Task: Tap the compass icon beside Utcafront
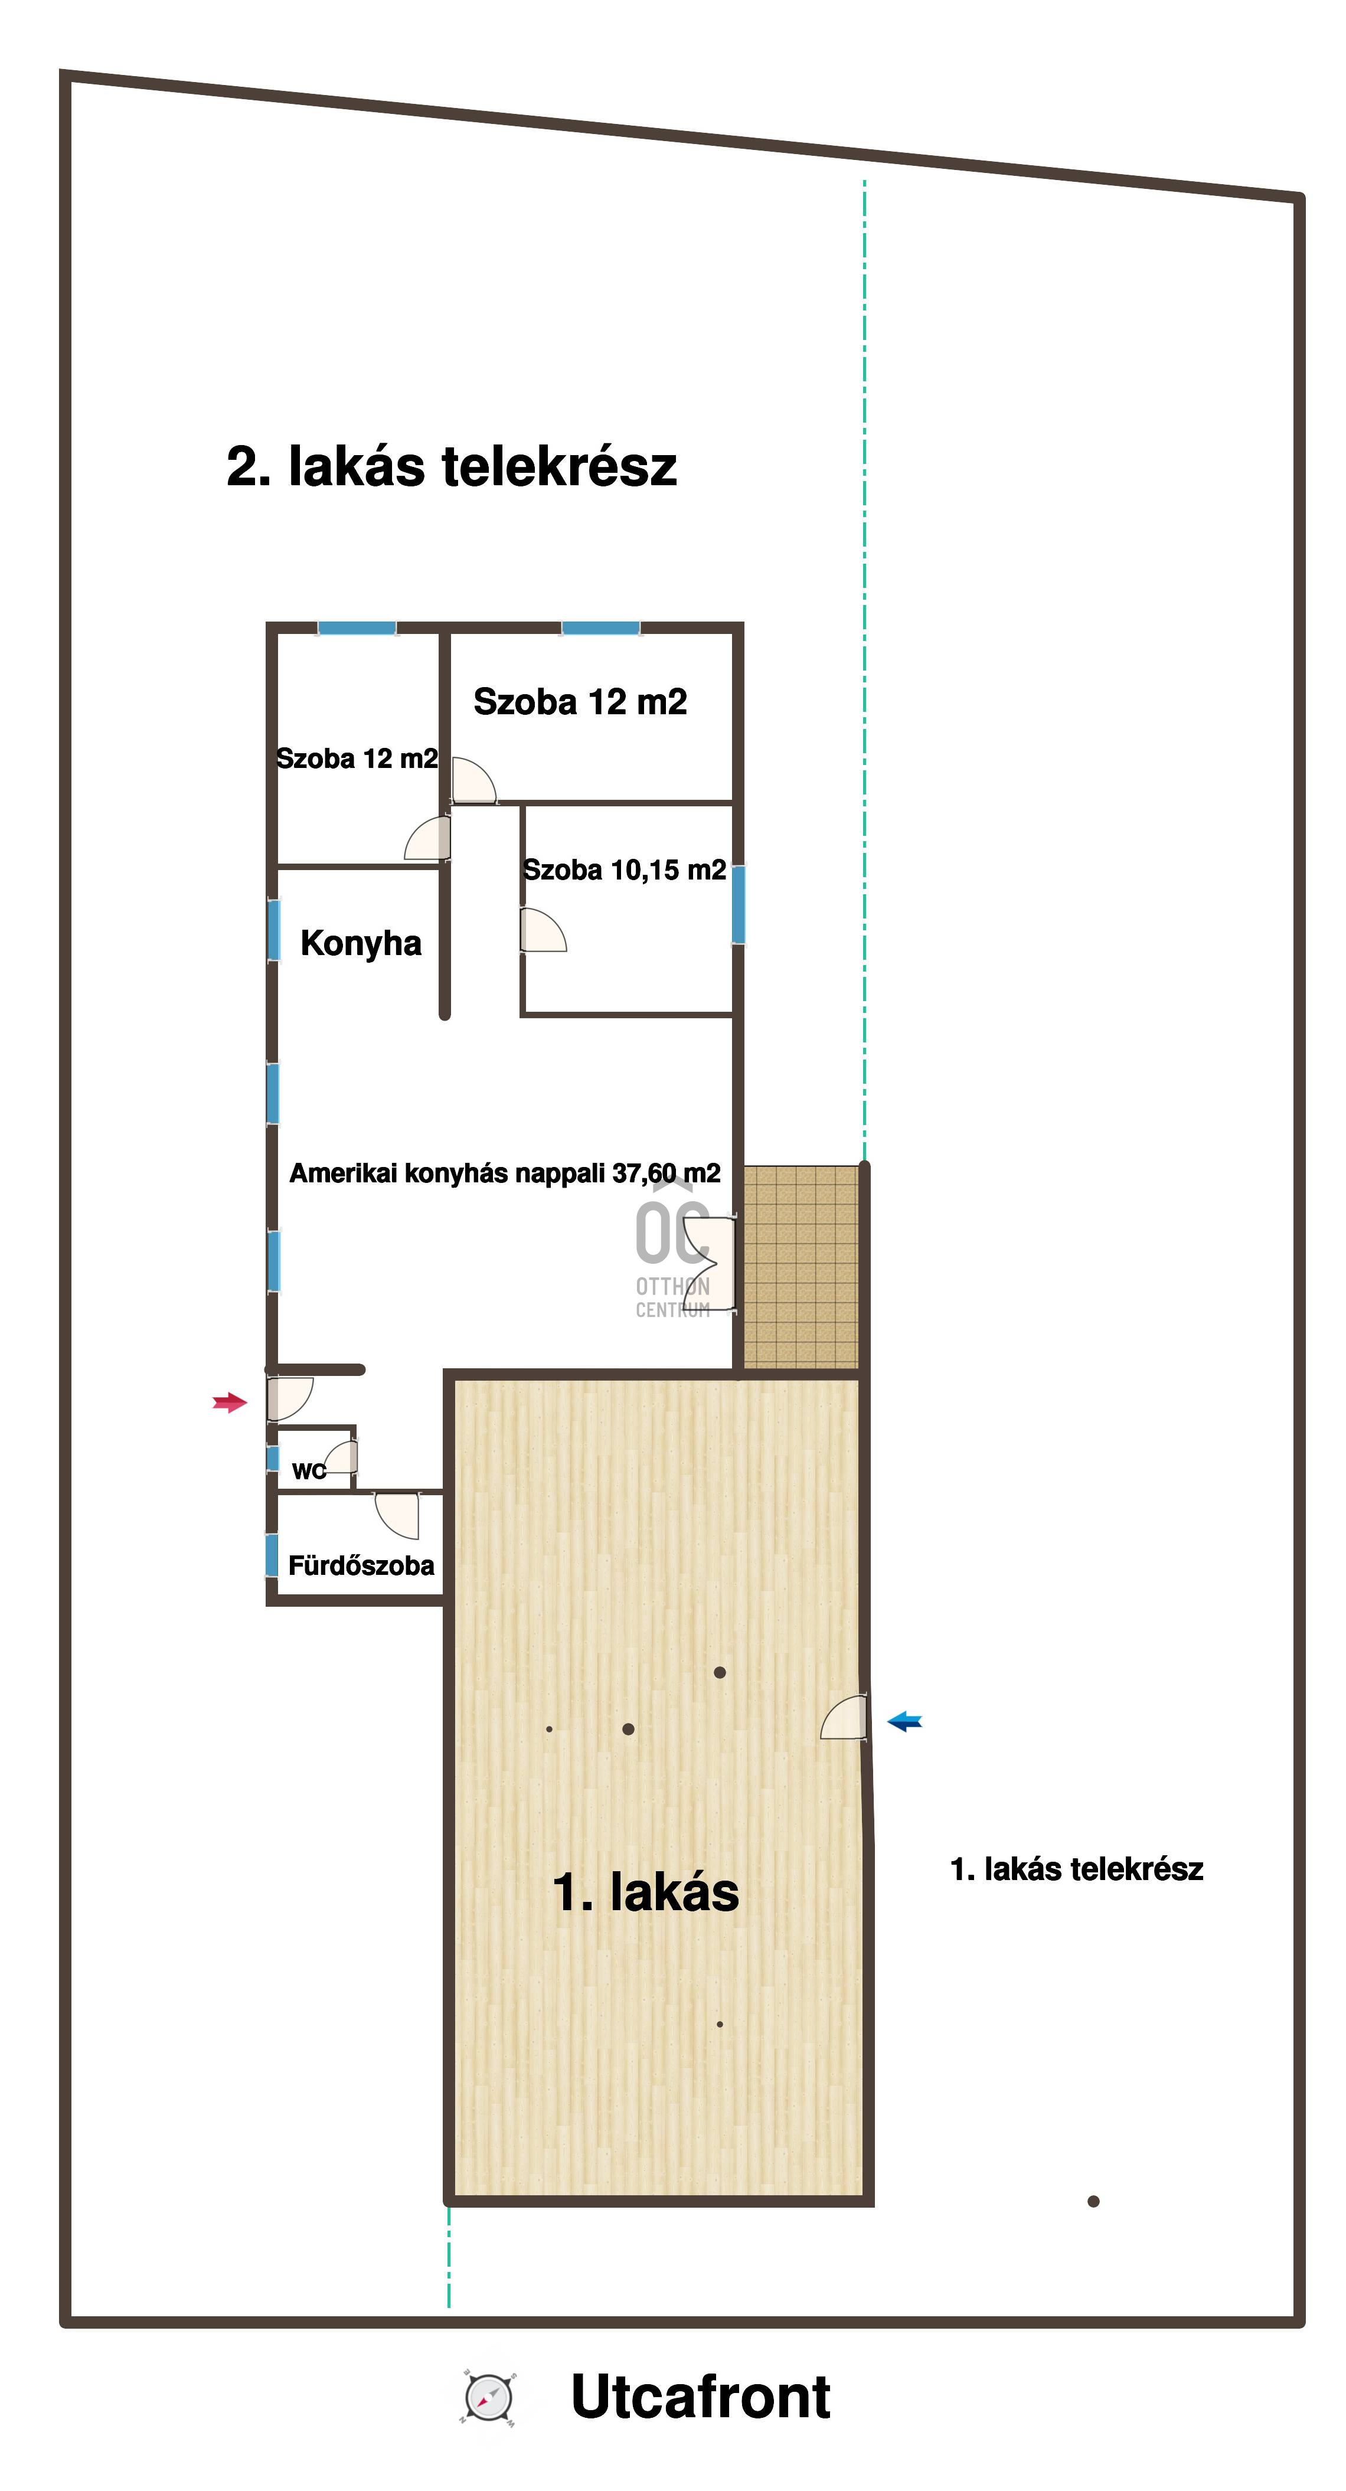pyautogui.click(x=488, y=2398)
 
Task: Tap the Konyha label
pyautogui.click(x=361, y=943)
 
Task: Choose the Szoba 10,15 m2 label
pyautogui.click(x=625, y=870)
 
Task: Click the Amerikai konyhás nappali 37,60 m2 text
pyautogui.click(x=505, y=1173)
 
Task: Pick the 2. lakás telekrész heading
pyautogui.click(x=452, y=466)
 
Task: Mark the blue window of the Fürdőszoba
pyautogui.click(x=272, y=1554)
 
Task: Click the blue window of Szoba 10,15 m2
pyautogui.click(x=739, y=904)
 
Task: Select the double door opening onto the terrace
pyautogui.click(x=711, y=1262)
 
